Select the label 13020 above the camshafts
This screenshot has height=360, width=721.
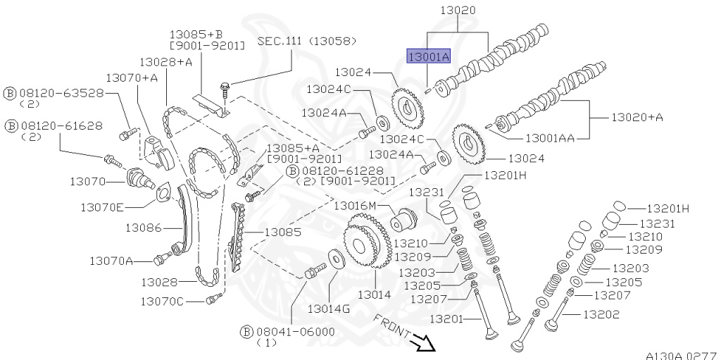pyautogui.click(x=458, y=11)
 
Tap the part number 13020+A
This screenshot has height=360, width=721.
pyautogui.click(x=637, y=118)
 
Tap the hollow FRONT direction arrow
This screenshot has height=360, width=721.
pyautogui.click(x=425, y=342)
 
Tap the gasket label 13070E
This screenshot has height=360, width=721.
pyautogui.click(x=101, y=207)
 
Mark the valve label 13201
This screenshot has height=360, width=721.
pyautogui.click(x=447, y=319)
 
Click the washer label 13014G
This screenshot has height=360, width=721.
pyautogui.click(x=328, y=308)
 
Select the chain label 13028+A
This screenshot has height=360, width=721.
pyautogui.click(x=165, y=62)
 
